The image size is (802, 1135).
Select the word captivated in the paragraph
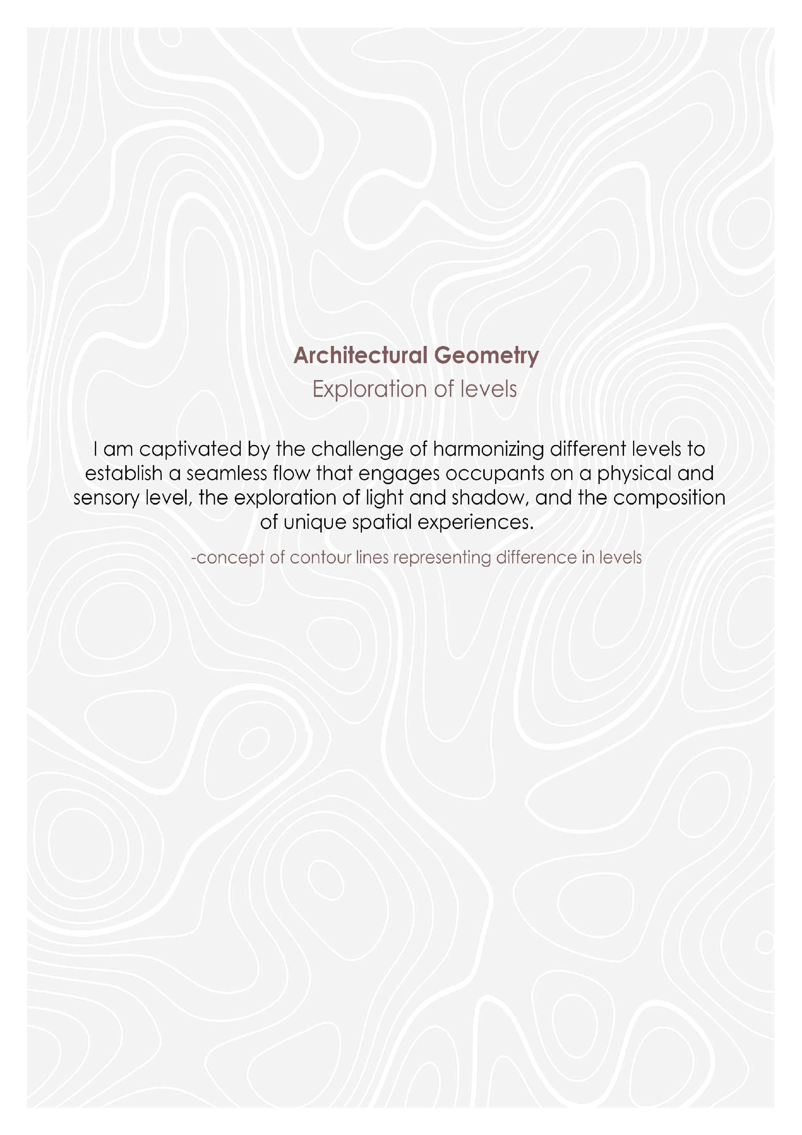(x=189, y=449)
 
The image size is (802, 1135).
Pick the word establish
(x=123, y=473)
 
